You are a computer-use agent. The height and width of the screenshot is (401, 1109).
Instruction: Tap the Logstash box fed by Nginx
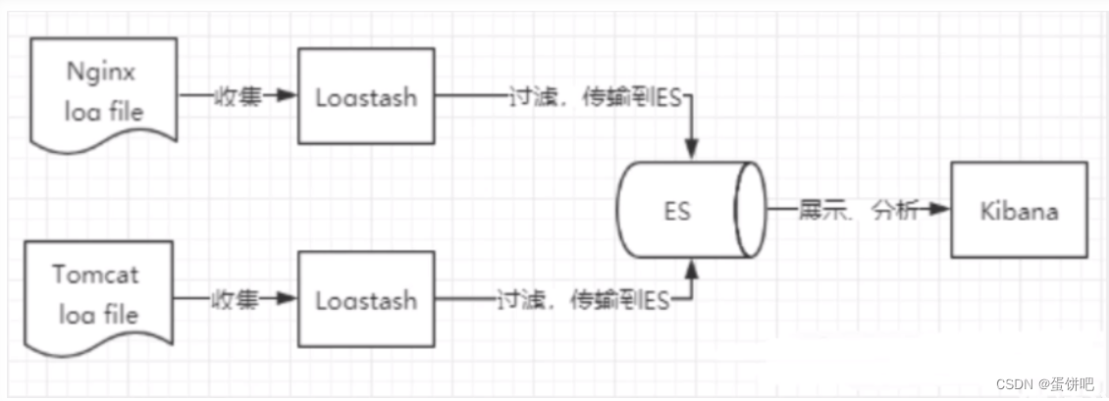(x=366, y=97)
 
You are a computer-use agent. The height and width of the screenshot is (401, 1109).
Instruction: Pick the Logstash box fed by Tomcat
(x=366, y=299)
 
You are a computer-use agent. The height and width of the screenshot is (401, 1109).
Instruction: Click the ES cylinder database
(x=693, y=210)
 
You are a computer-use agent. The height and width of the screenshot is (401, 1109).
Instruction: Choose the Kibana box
(x=1019, y=210)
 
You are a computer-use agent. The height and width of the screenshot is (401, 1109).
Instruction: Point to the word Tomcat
(x=97, y=274)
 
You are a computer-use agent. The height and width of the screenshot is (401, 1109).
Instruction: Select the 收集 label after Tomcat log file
(x=234, y=299)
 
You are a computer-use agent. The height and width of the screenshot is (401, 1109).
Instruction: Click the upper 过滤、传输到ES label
(x=595, y=97)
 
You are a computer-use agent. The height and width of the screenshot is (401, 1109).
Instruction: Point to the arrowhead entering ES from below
(x=693, y=268)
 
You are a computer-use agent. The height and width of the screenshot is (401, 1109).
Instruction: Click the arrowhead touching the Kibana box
(x=940, y=210)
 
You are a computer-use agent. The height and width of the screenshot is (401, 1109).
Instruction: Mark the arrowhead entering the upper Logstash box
(x=288, y=96)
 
